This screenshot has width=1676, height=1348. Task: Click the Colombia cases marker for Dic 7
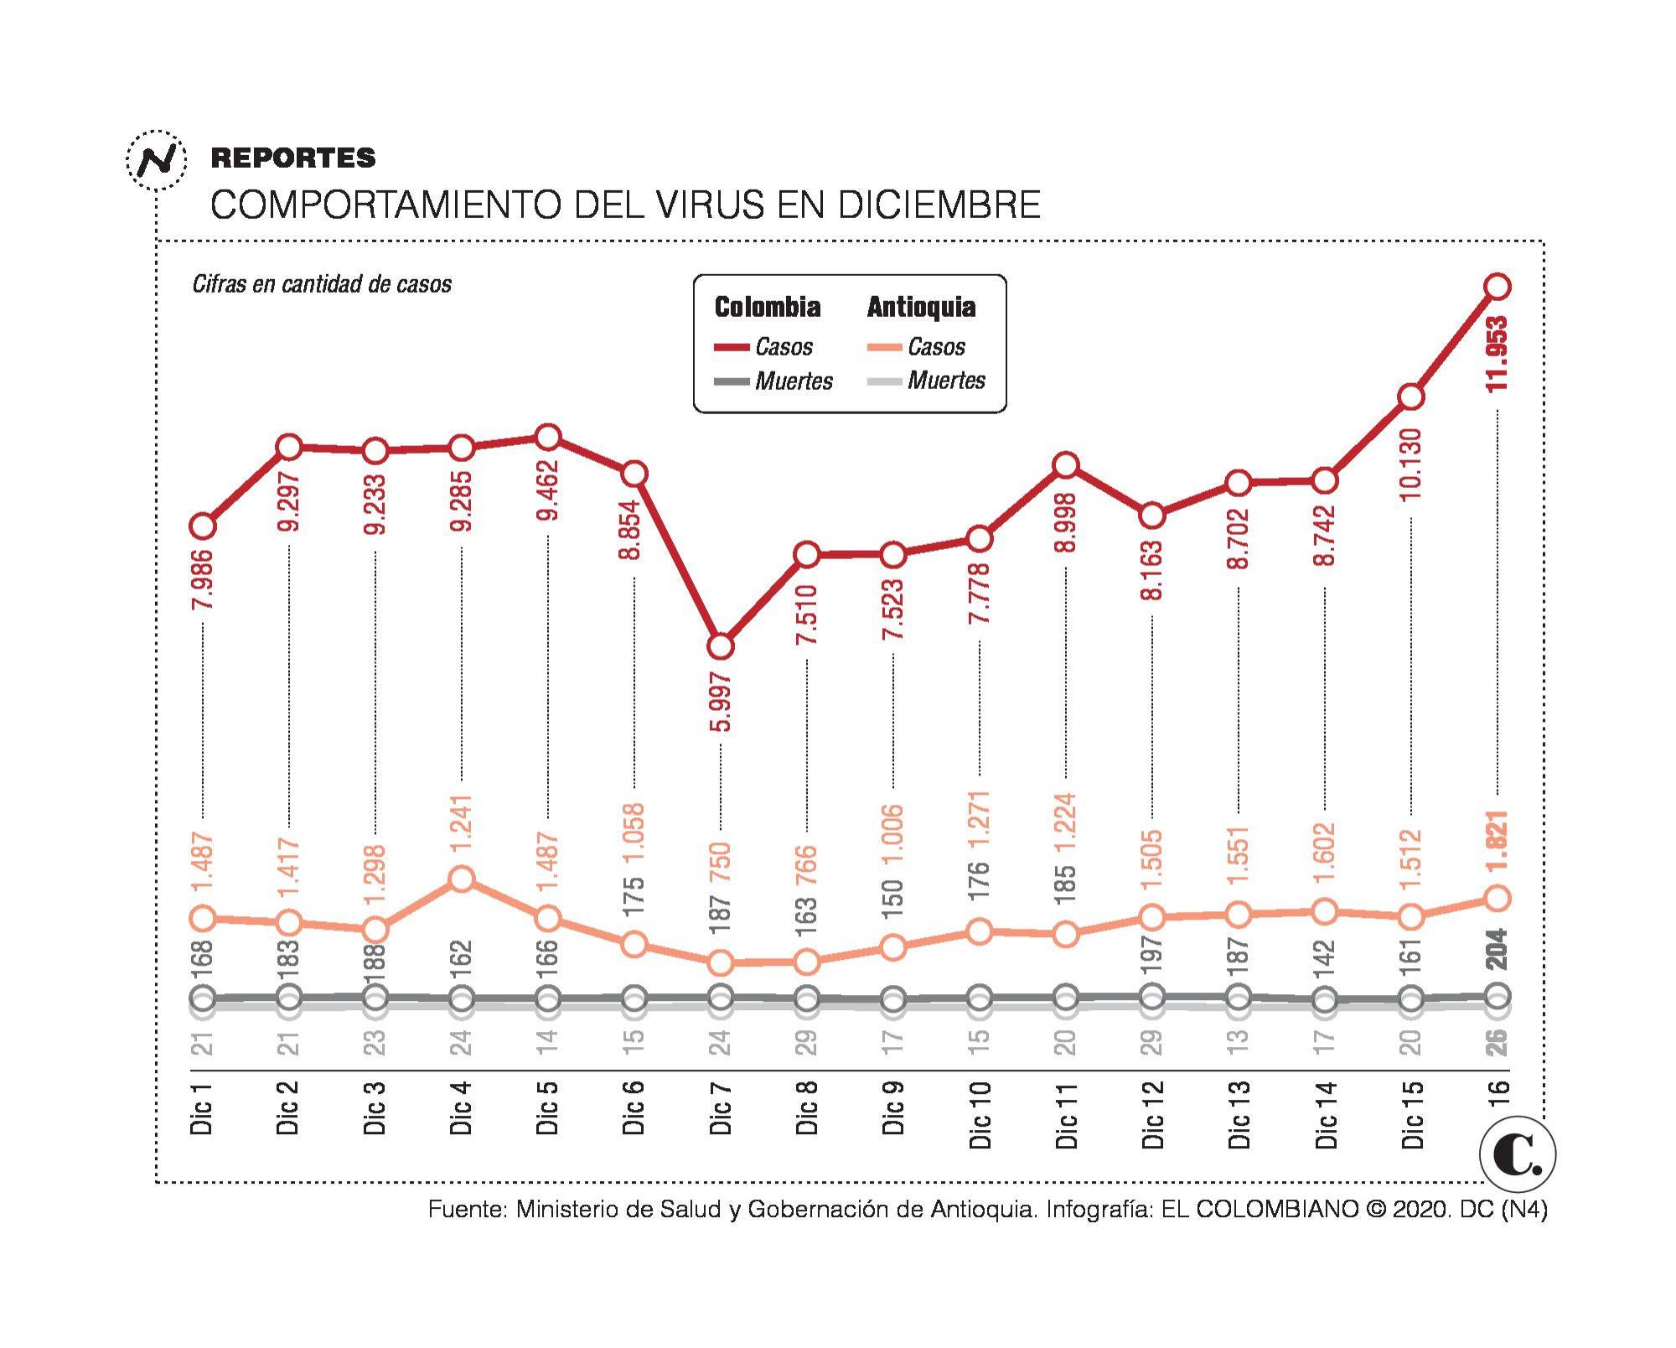coord(721,646)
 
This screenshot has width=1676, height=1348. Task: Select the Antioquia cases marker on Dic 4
coord(462,879)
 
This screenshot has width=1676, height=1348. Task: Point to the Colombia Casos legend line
coord(732,347)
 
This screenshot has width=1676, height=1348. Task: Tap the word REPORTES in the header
coord(293,158)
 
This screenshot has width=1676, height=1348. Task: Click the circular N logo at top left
coord(157,159)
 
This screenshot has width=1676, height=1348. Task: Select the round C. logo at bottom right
coord(1517,1155)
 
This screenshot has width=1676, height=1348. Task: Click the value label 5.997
coord(721,701)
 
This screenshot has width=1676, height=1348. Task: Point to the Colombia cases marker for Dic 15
coord(1411,396)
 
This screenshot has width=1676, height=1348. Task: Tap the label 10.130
coord(1411,464)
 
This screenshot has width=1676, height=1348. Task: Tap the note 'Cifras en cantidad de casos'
coord(322,284)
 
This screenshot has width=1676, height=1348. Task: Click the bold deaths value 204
coord(1496,949)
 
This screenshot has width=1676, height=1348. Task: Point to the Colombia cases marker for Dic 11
coord(1065,464)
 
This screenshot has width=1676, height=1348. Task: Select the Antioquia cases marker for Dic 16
coord(1498,898)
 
